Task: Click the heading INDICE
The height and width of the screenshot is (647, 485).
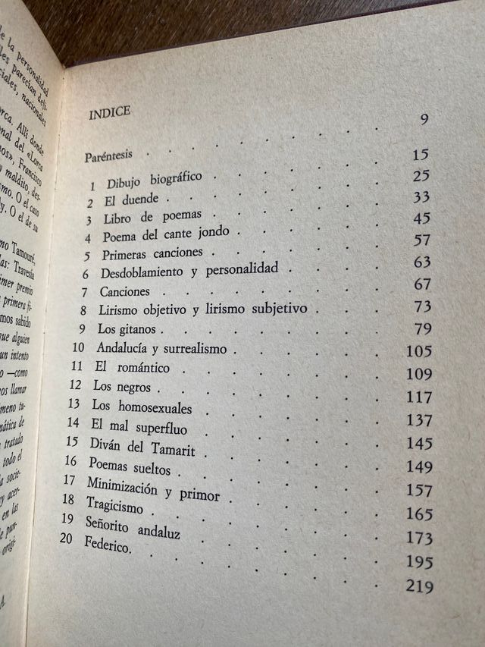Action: (110, 112)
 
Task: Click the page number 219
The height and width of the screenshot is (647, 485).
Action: (418, 586)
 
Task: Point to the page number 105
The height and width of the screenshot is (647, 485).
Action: (418, 351)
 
